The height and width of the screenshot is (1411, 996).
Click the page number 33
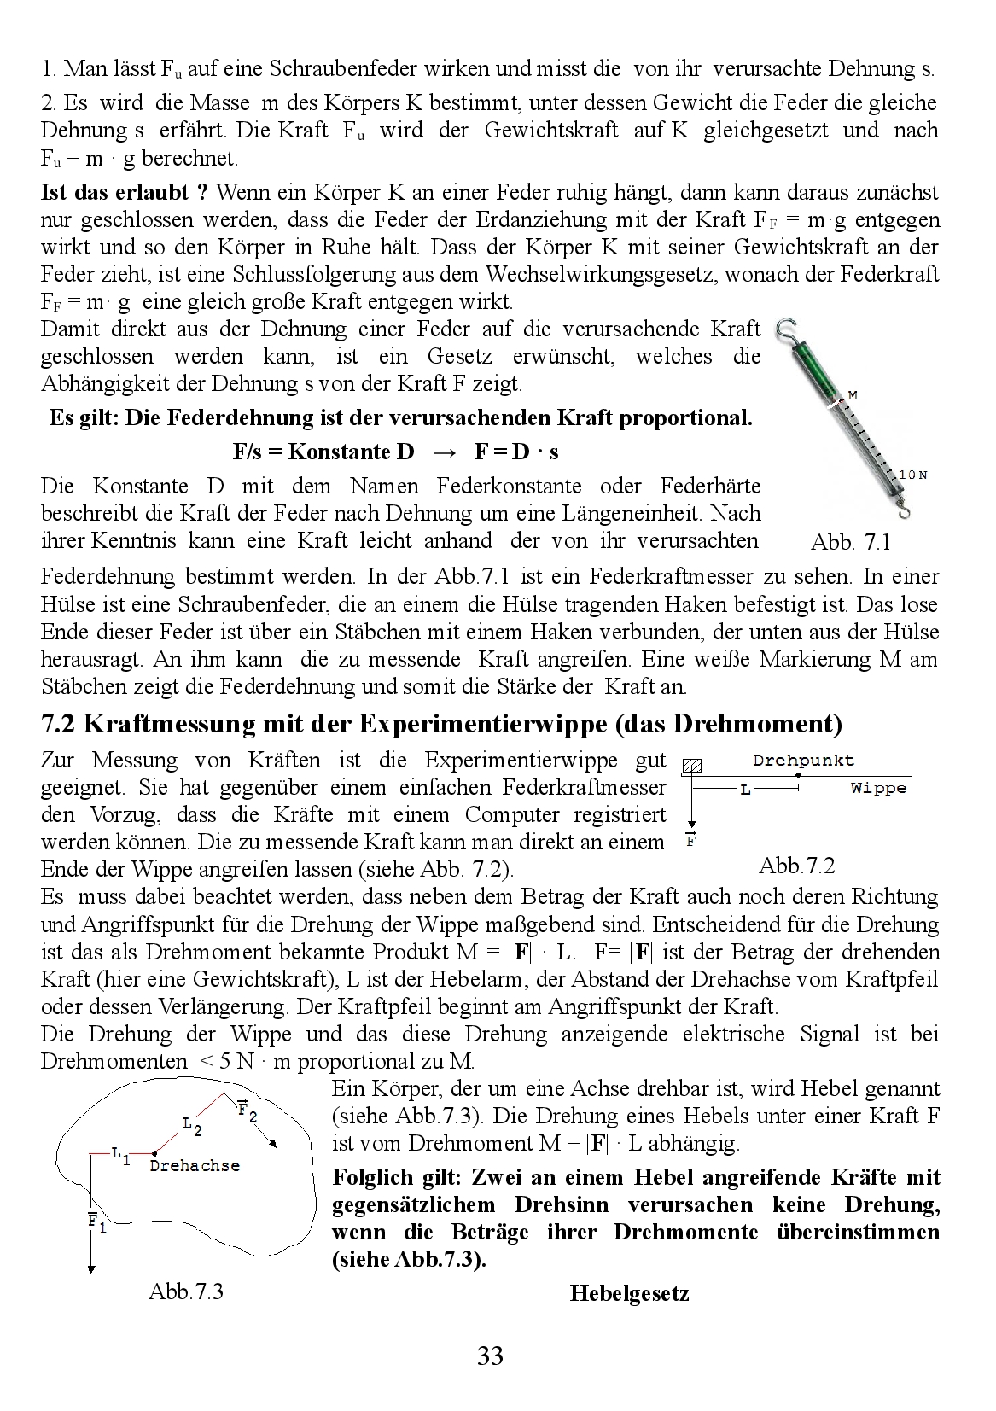pyautogui.click(x=490, y=1355)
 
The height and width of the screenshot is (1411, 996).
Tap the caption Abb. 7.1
pyautogui.click(x=850, y=541)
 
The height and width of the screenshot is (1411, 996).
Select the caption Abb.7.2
pyautogui.click(x=796, y=866)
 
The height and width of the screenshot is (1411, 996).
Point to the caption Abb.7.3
pyautogui.click(x=185, y=1290)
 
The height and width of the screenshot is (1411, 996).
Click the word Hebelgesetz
pyautogui.click(x=629, y=1293)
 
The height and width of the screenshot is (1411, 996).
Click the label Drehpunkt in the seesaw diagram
pyautogui.click(x=803, y=760)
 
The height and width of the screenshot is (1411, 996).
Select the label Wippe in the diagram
pyautogui.click(x=878, y=788)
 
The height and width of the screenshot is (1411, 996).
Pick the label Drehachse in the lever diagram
pyautogui.click(x=195, y=1165)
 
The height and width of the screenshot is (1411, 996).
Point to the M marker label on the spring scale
pyautogui.click(x=851, y=395)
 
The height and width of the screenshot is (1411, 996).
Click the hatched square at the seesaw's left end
pyautogui.click(x=692, y=766)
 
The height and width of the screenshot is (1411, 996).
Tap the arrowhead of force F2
pyautogui.click(x=273, y=1145)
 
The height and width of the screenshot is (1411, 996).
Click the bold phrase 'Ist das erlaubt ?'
pyautogui.click(x=124, y=192)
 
